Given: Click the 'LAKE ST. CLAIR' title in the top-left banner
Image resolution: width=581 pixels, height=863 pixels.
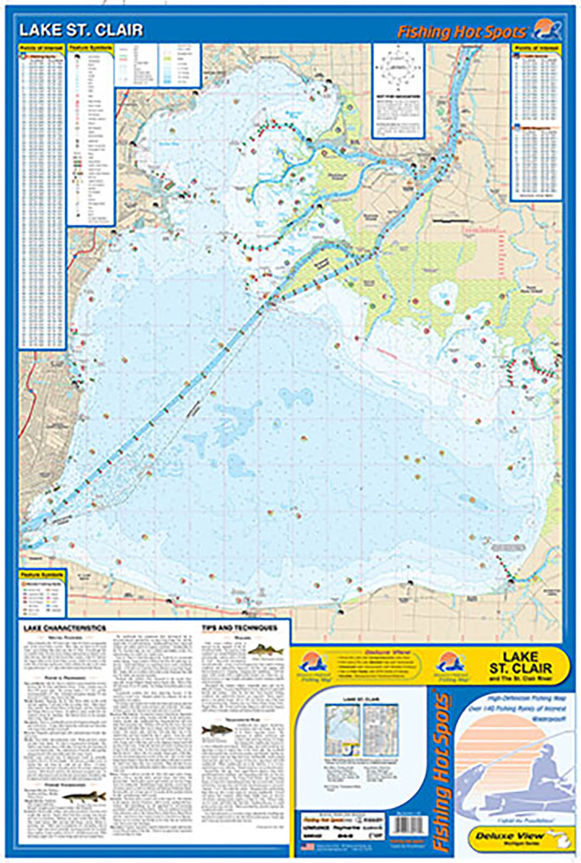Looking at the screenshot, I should point(81,30).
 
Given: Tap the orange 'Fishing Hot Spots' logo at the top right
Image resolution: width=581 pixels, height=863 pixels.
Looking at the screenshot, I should point(461,32).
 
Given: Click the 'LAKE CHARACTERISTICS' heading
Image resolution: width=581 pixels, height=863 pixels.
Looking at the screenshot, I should point(65,628).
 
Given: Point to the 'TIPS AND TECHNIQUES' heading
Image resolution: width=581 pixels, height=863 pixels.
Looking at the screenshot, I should point(239,628).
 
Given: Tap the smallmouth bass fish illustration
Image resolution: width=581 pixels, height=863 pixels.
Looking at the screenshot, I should point(217,731).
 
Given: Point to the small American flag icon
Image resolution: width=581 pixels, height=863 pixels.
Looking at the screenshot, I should point(307,846).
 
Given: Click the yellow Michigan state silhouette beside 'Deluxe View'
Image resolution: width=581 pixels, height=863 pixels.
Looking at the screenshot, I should point(563,840).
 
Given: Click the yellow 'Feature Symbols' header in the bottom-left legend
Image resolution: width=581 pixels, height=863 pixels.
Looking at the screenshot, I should point(42,575).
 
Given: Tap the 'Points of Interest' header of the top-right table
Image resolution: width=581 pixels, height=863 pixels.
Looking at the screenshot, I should point(536,49).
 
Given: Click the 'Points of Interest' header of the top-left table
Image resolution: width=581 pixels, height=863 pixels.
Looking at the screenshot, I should point(42,49).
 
